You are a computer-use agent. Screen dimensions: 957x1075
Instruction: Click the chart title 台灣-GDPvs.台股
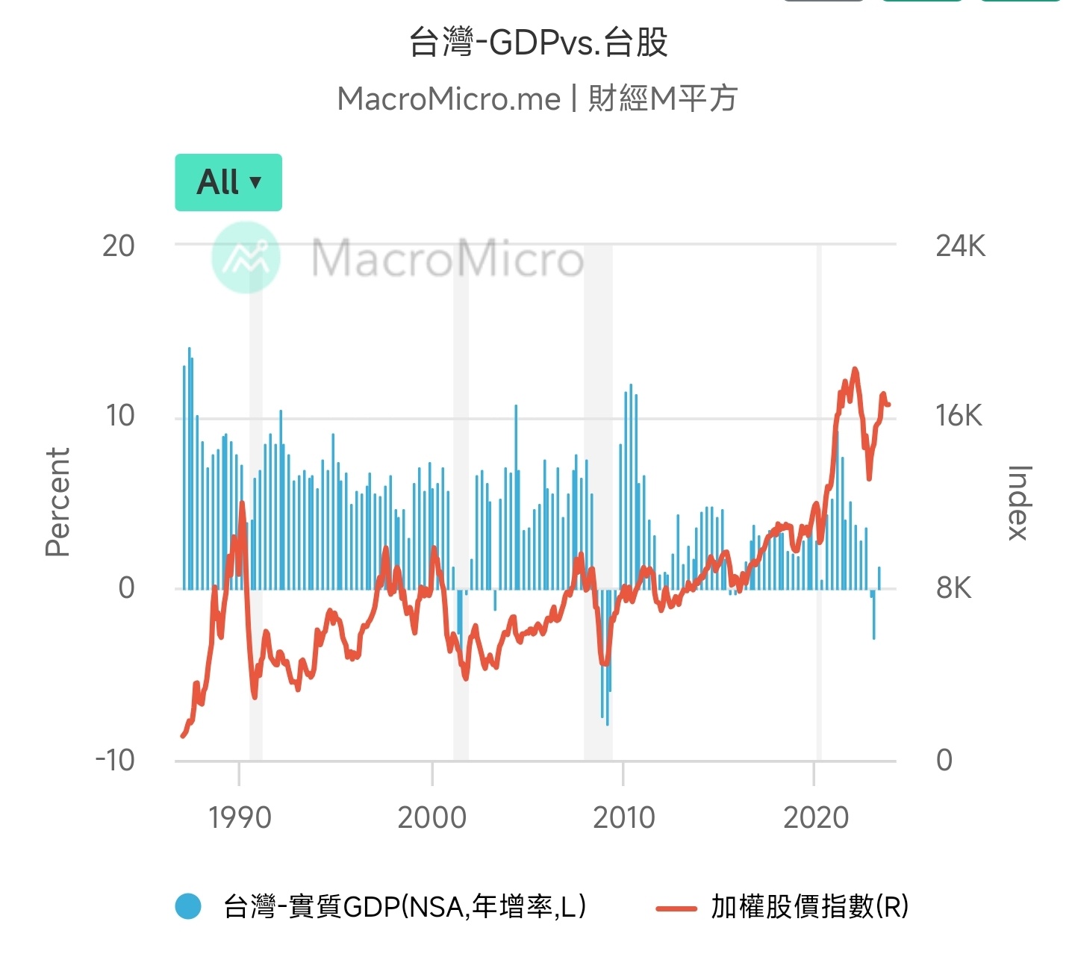click(x=537, y=43)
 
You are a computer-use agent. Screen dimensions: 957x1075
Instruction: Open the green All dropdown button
click(x=228, y=182)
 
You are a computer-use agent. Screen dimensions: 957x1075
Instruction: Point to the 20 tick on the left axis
click(x=119, y=246)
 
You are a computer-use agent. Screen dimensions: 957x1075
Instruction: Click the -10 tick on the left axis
click(x=115, y=761)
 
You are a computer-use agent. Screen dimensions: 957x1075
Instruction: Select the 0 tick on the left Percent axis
click(x=126, y=588)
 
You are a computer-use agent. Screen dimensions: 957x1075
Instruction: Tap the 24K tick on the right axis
click(x=960, y=246)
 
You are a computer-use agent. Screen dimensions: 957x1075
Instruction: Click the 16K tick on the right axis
click(x=959, y=416)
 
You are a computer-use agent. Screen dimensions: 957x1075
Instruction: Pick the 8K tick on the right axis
click(x=953, y=588)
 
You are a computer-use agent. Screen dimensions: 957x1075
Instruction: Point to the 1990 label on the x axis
click(x=240, y=817)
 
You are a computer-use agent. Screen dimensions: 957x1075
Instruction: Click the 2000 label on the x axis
click(x=431, y=817)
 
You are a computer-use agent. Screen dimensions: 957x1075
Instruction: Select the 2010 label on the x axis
click(x=624, y=817)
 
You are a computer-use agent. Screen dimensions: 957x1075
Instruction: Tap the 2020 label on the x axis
click(x=816, y=817)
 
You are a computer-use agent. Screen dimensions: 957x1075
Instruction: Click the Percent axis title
click(x=57, y=502)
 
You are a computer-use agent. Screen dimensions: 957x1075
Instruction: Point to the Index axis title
click(x=1019, y=502)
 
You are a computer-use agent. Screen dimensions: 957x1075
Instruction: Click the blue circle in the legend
click(x=188, y=906)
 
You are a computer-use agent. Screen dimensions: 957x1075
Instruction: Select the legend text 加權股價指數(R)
click(x=809, y=906)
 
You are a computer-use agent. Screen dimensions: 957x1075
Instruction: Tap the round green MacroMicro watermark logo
click(x=246, y=258)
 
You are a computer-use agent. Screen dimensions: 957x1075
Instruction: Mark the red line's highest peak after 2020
click(x=855, y=369)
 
